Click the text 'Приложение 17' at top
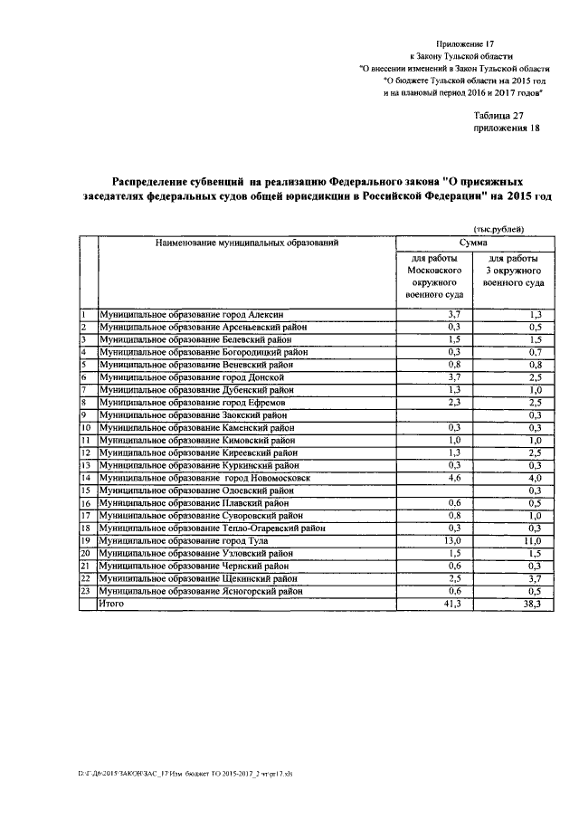pyautogui.click(x=467, y=43)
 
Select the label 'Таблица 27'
pyautogui.click(x=498, y=115)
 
